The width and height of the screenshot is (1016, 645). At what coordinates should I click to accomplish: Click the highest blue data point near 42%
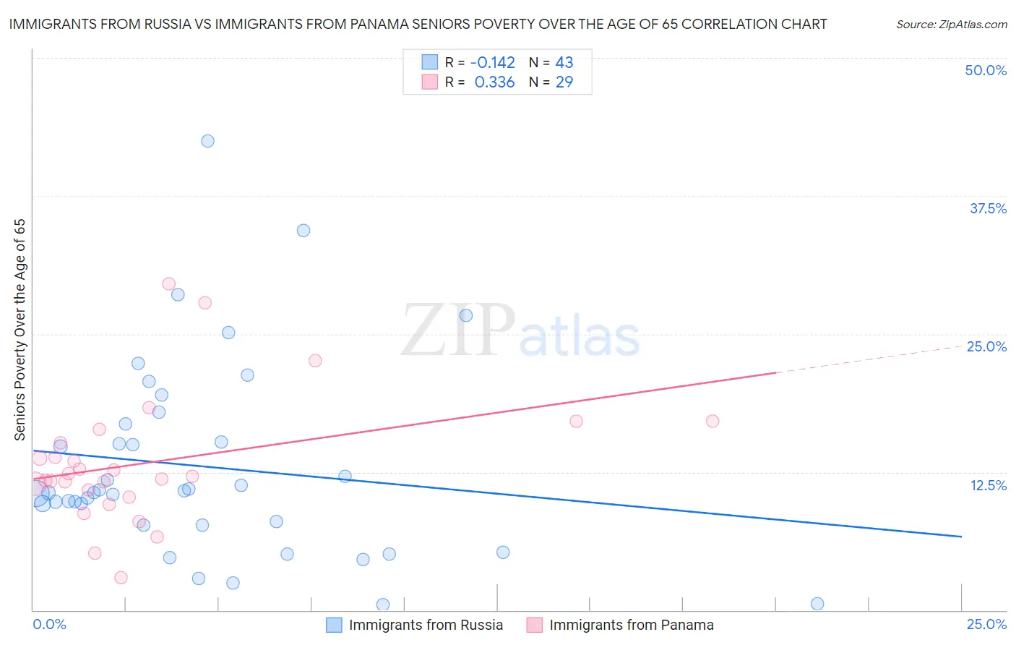[207, 141]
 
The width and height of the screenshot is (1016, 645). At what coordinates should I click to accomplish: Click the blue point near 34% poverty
[303, 231]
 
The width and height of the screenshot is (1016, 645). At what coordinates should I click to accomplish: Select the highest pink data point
[169, 284]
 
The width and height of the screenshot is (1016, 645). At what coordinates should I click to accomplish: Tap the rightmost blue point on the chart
[817, 604]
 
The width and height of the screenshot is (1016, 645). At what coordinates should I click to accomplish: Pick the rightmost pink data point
[713, 421]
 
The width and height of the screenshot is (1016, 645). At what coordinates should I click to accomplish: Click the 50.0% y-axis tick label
[986, 70]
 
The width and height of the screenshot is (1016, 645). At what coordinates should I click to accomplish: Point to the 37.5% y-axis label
[988, 208]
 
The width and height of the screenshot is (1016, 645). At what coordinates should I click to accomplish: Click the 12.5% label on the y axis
[988, 485]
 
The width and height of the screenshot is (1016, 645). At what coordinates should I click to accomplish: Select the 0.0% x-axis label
[50, 624]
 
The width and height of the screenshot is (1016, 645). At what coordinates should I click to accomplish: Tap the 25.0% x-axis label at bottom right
[986, 624]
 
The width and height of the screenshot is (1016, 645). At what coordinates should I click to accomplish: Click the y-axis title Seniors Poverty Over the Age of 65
[20, 329]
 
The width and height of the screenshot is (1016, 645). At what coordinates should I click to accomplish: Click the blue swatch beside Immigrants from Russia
[334, 625]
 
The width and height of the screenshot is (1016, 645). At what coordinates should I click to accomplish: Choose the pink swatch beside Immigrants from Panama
[534, 625]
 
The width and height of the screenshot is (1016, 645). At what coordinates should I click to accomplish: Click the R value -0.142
[492, 62]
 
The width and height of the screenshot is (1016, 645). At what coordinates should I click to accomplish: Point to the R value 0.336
[494, 82]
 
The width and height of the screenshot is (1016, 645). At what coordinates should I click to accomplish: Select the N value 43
[564, 62]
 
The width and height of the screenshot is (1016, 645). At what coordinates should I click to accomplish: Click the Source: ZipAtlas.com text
[951, 24]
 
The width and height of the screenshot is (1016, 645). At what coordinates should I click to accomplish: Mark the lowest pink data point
[121, 578]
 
